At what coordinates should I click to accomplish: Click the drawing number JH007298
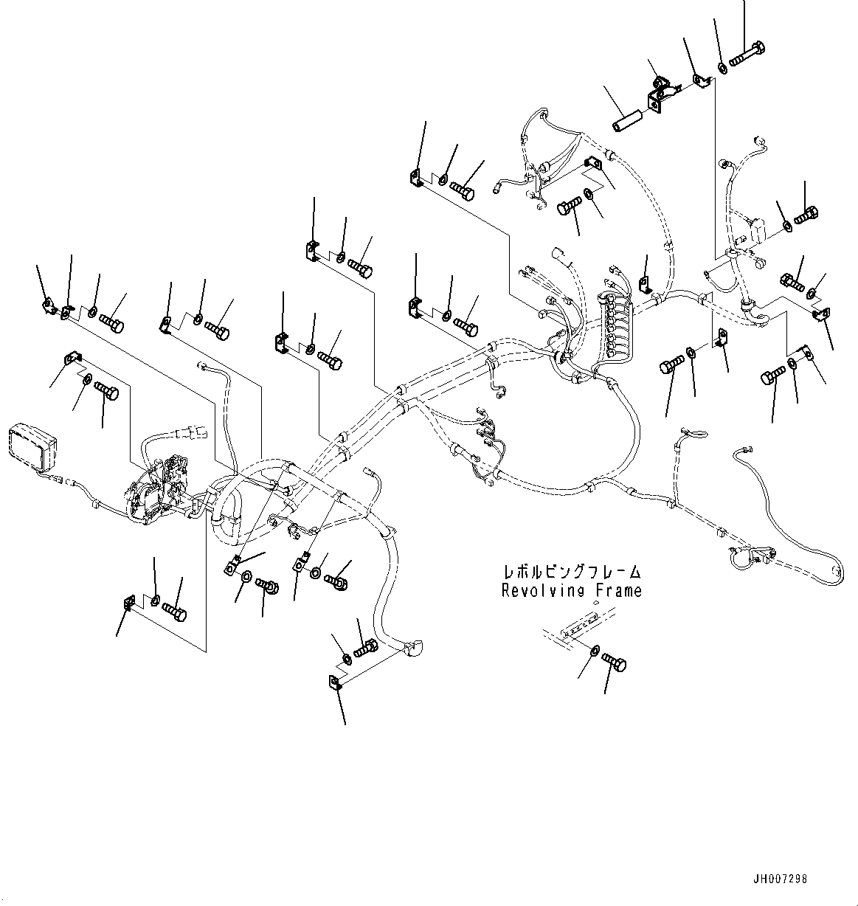pyautogui.click(x=780, y=879)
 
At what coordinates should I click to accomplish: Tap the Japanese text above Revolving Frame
pyautogui.click(x=572, y=573)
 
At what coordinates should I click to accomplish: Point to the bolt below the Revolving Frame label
pyautogui.click(x=615, y=661)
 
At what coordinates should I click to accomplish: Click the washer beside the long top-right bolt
pyautogui.click(x=723, y=69)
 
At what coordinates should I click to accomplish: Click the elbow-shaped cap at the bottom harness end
pyautogui.click(x=413, y=649)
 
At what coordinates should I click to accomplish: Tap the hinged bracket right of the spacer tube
pyautogui.click(x=660, y=94)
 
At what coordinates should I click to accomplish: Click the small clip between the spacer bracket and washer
pyautogui.click(x=700, y=83)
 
